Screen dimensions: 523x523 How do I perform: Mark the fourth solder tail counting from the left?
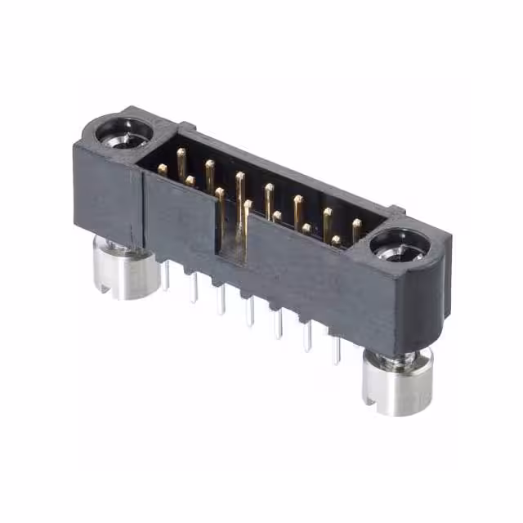tap(250, 311)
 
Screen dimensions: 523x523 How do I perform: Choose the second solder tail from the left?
tap(194, 287)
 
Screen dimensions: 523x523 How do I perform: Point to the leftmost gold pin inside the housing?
tap(163, 169)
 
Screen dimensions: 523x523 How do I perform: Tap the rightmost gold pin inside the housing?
tap(356, 226)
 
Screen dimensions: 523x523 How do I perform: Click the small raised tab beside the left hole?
tap(187, 127)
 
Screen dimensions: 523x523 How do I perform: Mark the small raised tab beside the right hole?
tap(399, 211)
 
